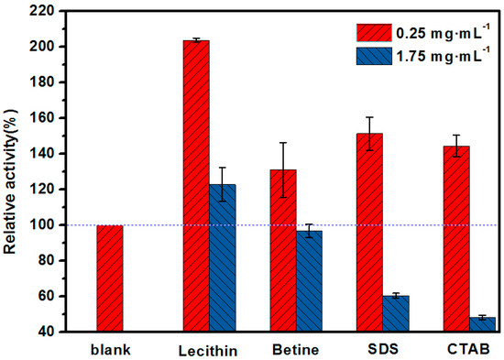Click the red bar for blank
point(109,278)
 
